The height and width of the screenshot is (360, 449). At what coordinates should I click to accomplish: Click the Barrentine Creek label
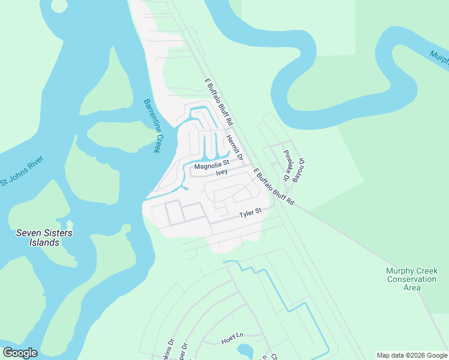point(152,126)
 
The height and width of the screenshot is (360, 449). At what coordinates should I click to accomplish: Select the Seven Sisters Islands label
point(38,238)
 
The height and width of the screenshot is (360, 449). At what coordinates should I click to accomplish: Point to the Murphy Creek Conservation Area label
point(411,279)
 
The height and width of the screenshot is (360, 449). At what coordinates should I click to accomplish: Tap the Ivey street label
point(222,172)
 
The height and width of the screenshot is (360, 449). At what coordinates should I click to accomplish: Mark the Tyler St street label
point(251,213)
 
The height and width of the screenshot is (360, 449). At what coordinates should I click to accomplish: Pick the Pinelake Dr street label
point(287,165)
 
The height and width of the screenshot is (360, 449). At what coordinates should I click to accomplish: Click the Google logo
point(20,353)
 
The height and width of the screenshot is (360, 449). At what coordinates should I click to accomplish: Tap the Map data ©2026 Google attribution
point(412,355)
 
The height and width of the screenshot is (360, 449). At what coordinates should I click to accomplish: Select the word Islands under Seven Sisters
point(38,242)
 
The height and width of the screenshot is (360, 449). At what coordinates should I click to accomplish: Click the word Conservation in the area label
point(411,279)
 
